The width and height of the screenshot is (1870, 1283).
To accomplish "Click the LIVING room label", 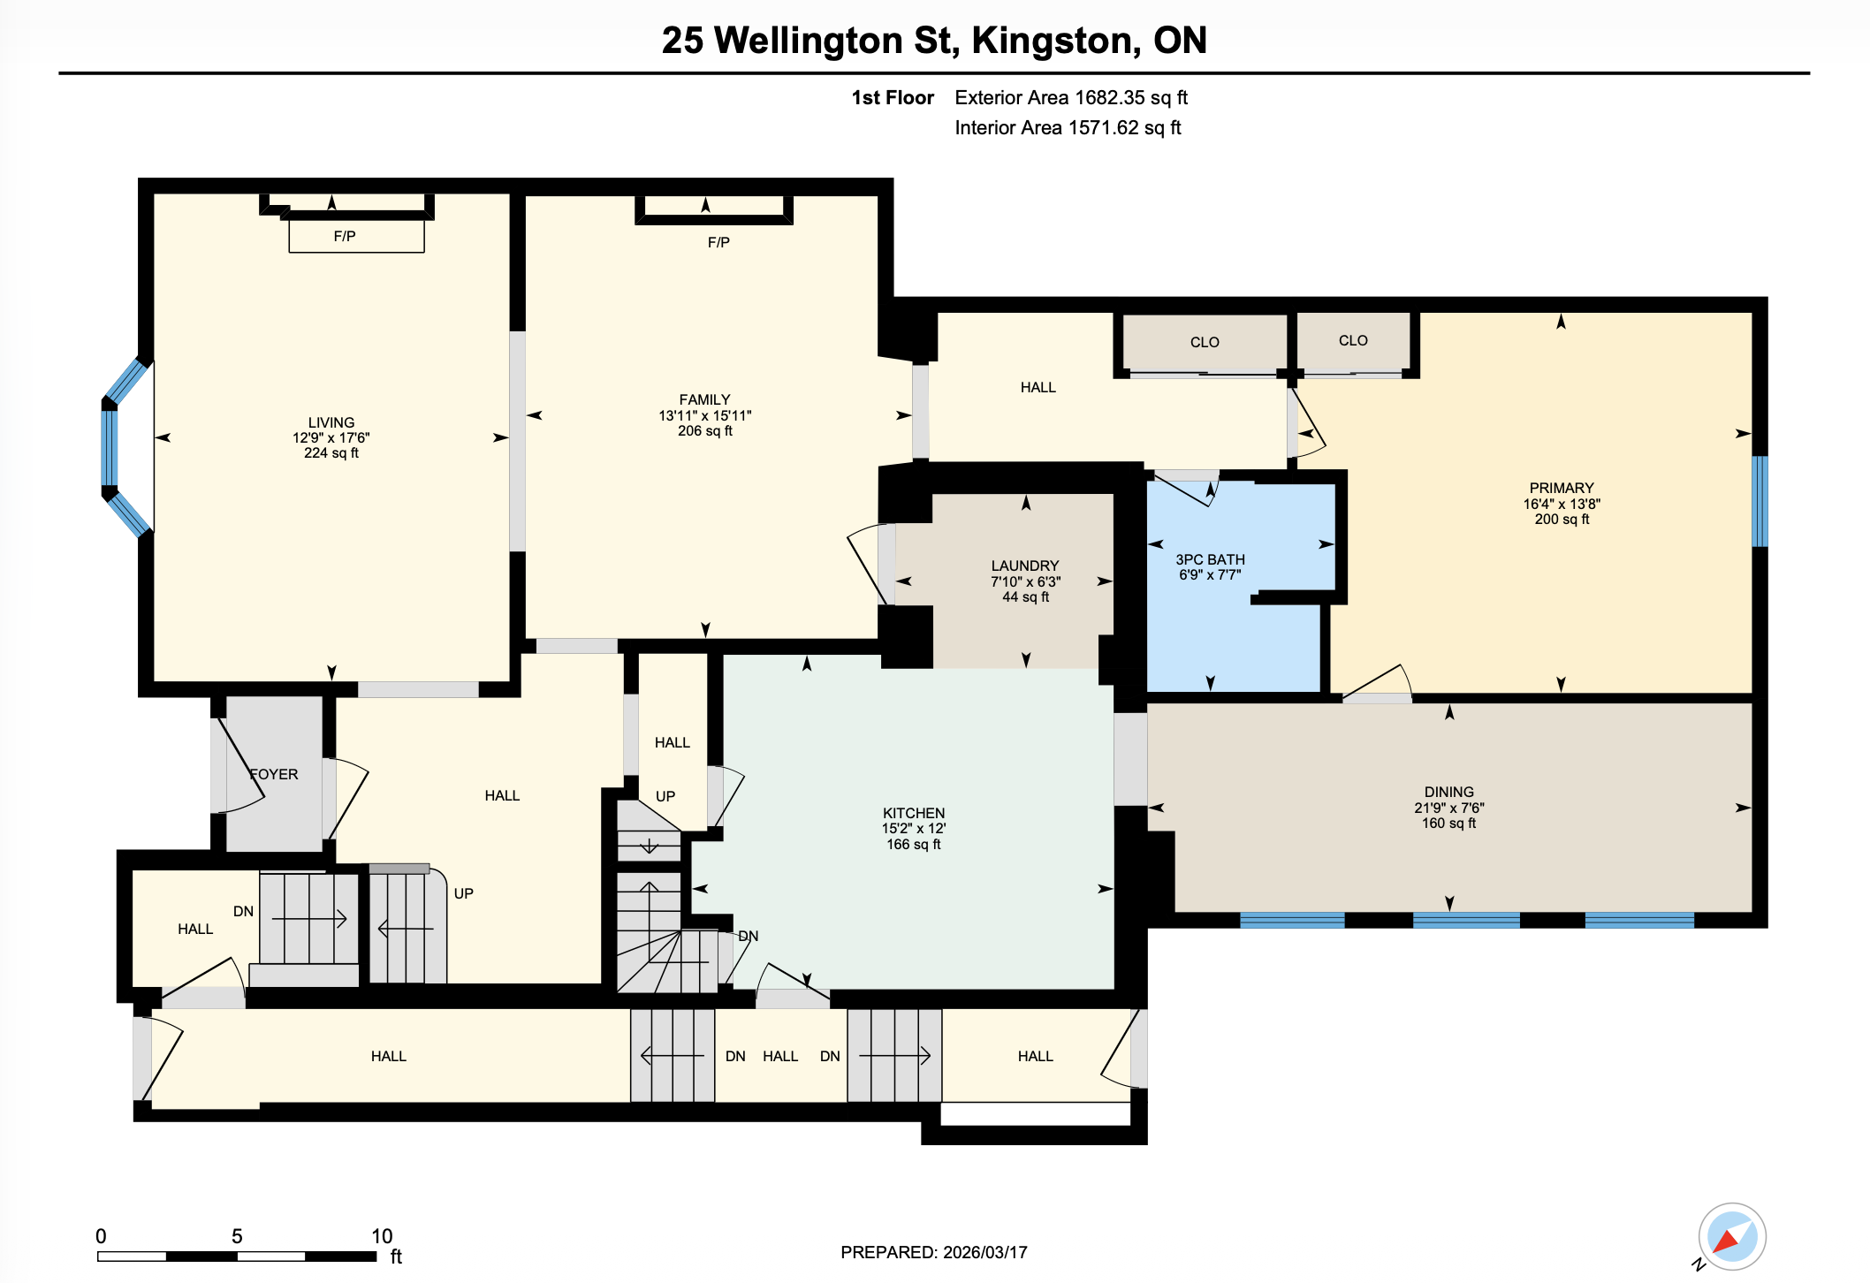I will pyautogui.click(x=331, y=422).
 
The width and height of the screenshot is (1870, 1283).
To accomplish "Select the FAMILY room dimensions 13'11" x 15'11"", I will pyautogui.click(x=704, y=415).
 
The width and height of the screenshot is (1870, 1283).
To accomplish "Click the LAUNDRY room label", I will pyautogui.click(x=1024, y=566).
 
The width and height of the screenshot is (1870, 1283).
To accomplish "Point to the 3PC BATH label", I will pyautogui.click(x=1210, y=559).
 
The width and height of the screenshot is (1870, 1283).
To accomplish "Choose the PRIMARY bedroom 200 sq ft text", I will pyautogui.click(x=1562, y=520).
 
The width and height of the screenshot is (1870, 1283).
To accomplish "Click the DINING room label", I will pyautogui.click(x=1448, y=792).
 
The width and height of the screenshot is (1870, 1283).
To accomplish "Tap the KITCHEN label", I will pyautogui.click(x=914, y=813).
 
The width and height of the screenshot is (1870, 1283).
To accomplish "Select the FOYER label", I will pyautogui.click(x=274, y=774).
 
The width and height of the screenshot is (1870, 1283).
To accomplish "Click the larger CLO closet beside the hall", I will pyautogui.click(x=1205, y=343).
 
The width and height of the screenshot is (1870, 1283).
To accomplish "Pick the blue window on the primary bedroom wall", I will pyautogui.click(x=1760, y=501).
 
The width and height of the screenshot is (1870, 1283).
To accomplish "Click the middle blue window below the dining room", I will pyautogui.click(x=1466, y=920).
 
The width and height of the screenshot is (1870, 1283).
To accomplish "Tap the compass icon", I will pyautogui.click(x=1731, y=1236).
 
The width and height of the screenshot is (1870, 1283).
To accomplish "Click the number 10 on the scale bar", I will pyautogui.click(x=382, y=1235).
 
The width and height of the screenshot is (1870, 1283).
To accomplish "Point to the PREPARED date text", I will pyautogui.click(x=933, y=1252).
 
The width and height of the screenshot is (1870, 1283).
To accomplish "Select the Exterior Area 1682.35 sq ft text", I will pyautogui.click(x=1070, y=98).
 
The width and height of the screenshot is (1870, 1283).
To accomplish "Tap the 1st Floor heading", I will pyautogui.click(x=892, y=98).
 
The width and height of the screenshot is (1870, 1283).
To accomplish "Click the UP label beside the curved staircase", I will pyautogui.click(x=463, y=893).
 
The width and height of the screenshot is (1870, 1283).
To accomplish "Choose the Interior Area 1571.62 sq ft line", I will pyautogui.click(x=1067, y=128).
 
